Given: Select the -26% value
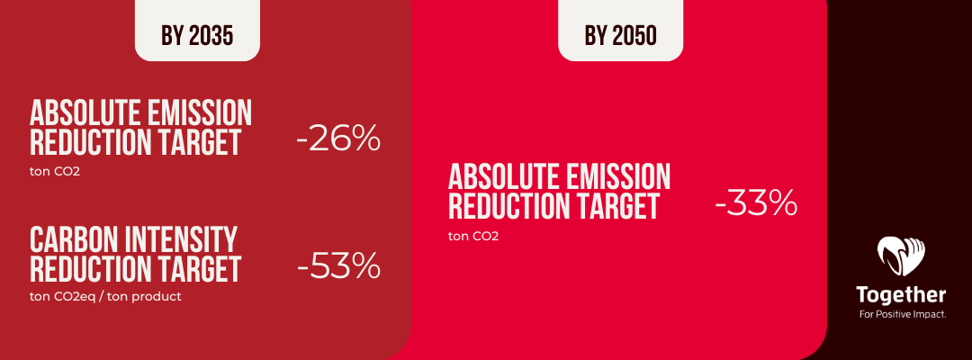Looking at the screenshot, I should (338, 141).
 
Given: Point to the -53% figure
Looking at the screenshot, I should (338, 267).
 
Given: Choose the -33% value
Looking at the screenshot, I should (756, 204).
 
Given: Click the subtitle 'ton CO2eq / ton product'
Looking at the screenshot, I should (105, 296).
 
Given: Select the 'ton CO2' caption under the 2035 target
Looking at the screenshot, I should (55, 170).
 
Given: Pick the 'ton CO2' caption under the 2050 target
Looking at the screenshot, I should (473, 236).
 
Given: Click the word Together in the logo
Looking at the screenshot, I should (901, 296).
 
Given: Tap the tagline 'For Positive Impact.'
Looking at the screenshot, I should (901, 314).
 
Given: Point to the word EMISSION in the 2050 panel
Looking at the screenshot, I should (621, 176).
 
